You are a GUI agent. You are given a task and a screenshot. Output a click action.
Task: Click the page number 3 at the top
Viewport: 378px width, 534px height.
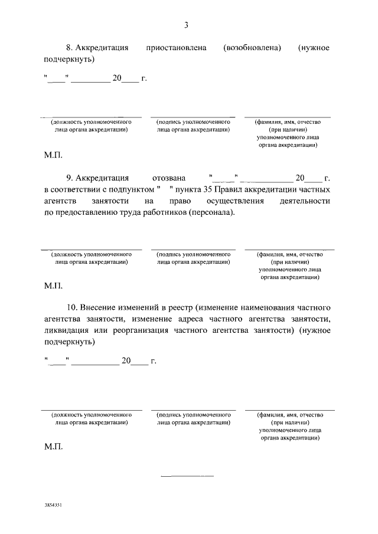[187, 25]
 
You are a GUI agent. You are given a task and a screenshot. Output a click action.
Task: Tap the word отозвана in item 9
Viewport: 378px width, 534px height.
[169, 178]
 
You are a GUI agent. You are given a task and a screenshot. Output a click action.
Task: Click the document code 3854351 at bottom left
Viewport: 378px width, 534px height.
[53, 506]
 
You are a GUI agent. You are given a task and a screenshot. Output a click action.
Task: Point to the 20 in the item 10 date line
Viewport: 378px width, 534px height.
[125, 362]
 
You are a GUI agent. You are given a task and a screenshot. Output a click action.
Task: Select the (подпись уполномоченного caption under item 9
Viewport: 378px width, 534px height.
[193, 255]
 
